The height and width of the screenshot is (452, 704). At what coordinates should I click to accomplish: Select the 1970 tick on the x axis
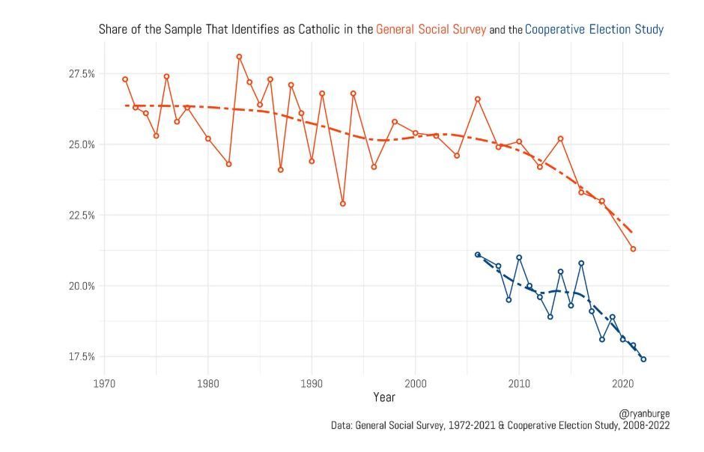pyautogui.click(x=104, y=384)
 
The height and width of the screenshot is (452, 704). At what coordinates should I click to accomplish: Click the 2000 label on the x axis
pyautogui.click(x=416, y=384)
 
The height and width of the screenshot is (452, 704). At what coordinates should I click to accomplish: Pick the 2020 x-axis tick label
pyautogui.click(x=623, y=384)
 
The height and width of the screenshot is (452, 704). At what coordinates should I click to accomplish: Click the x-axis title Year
pyautogui.click(x=384, y=397)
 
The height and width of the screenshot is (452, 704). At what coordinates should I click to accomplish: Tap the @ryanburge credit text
pyautogui.click(x=644, y=413)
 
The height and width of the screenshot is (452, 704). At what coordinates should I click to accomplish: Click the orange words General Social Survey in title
pyautogui.click(x=431, y=30)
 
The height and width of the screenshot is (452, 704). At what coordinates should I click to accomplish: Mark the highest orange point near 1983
pyautogui.click(x=239, y=56)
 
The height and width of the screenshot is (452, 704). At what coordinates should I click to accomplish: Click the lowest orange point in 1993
pyautogui.click(x=343, y=204)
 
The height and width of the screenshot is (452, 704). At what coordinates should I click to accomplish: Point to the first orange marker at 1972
pyautogui.click(x=125, y=79)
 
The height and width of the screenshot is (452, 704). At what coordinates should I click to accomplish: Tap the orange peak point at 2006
pyautogui.click(x=478, y=99)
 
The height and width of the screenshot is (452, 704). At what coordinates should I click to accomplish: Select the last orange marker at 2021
pyautogui.click(x=633, y=248)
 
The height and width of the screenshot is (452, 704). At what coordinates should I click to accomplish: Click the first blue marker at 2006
pyautogui.click(x=478, y=254)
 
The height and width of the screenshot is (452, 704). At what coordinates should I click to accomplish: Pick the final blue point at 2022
pyautogui.click(x=643, y=359)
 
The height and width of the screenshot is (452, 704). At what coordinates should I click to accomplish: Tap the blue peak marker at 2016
pyautogui.click(x=581, y=263)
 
